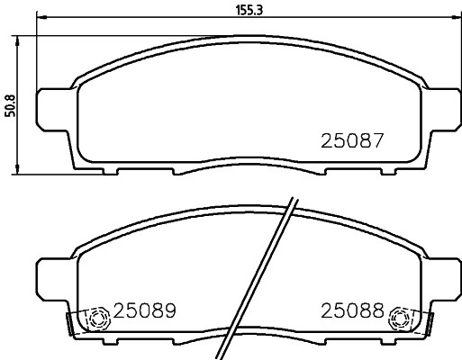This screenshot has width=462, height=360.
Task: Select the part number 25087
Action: click(353, 141)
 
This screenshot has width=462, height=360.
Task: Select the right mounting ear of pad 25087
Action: click(440, 106)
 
